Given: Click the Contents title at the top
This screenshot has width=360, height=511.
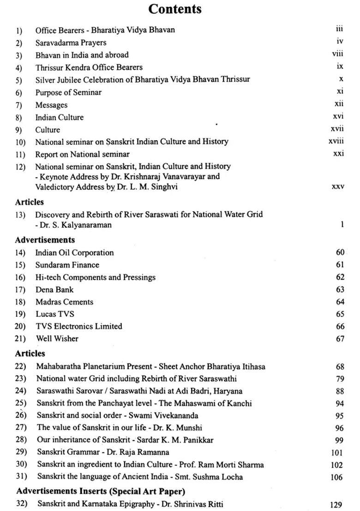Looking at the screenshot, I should pyautogui.click(x=175, y=9).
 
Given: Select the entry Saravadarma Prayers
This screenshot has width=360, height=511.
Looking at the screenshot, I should pyautogui.click(x=71, y=42).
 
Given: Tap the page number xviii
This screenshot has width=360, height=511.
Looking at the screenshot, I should pyautogui.click(x=336, y=141).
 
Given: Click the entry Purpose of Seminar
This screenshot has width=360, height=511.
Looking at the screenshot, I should pyautogui.click(x=68, y=92).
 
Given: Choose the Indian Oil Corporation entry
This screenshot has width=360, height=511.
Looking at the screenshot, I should pyautogui.click(x=74, y=253).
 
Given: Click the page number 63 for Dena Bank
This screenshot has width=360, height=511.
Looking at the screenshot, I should pyautogui.click(x=340, y=290).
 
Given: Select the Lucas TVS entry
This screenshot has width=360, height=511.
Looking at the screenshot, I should pyautogui.click(x=54, y=314).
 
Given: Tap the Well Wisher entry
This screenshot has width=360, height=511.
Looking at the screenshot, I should pyautogui.click(x=57, y=339).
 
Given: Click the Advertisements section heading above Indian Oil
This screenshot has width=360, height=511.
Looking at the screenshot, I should pyautogui.click(x=45, y=240).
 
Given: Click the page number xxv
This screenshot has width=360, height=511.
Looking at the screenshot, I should pyautogui.click(x=338, y=187).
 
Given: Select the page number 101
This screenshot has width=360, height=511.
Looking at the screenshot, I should pyautogui.click(x=337, y=452).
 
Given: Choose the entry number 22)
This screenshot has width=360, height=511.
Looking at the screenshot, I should pyautogui.click(x=21, y=367).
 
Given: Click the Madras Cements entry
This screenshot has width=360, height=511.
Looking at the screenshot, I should pyautogui.click(x=64, y=302).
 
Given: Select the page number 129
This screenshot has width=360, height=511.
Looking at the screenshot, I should pyautogui.click(x=337, y=505).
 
